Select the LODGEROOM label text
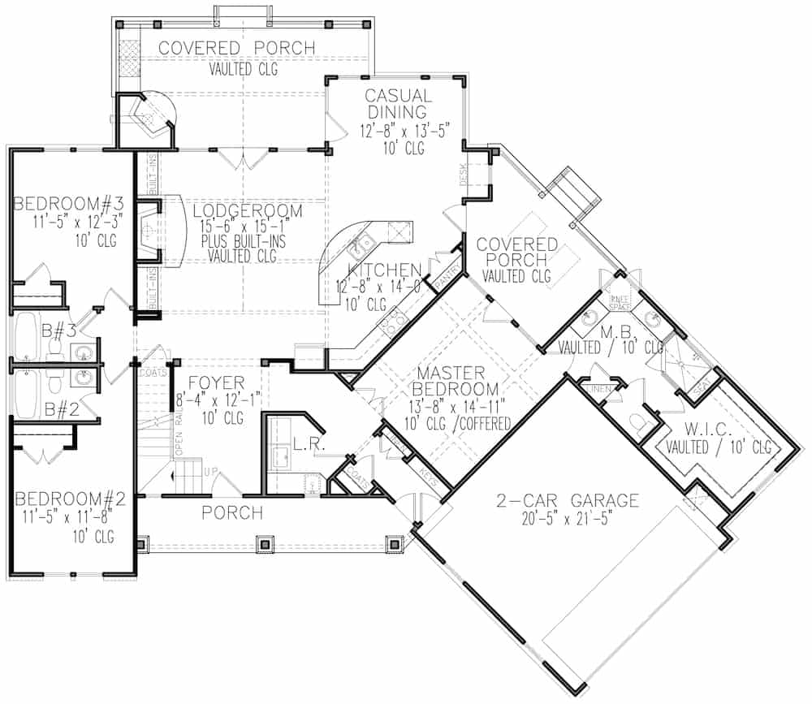248,211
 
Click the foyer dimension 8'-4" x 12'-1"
209,400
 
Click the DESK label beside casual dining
464,174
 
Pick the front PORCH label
232,513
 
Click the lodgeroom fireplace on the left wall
149,231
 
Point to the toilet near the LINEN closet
638,422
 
